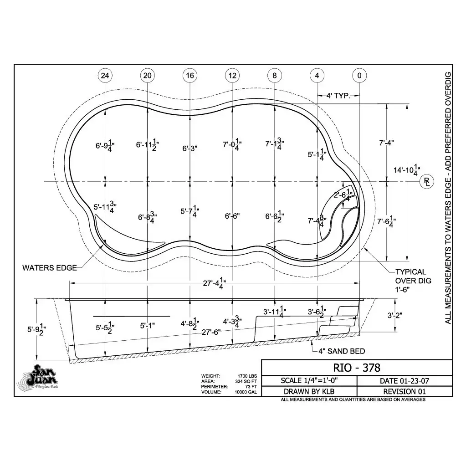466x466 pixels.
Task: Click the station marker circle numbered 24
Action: [x=105, y=76]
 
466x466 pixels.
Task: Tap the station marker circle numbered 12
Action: [x=232, y=76]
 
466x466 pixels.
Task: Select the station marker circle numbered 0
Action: [x=359, y=76]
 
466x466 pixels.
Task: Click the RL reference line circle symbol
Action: [x=427, y=182]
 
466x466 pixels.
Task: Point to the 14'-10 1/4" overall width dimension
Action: [x=407, y=170]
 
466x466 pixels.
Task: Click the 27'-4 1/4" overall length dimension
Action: [x=214, y=283]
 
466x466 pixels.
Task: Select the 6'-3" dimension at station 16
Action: [x=190, y=148]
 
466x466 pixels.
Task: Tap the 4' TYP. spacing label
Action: [x=338, y=96]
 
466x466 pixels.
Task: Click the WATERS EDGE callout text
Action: [x=50, y=268]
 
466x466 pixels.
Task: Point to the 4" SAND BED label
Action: [x=342, y=351]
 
